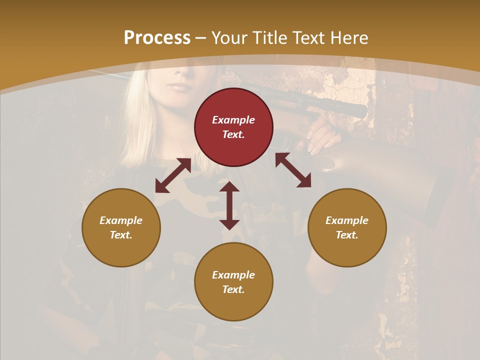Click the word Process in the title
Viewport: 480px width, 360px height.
157,38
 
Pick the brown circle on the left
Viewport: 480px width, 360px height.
121,227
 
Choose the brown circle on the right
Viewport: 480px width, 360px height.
347,227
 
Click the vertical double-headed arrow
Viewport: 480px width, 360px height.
229,205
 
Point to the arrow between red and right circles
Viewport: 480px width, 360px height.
293,170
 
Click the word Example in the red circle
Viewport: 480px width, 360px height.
233,120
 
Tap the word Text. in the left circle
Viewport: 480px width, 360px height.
121,235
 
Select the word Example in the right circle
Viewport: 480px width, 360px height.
347,220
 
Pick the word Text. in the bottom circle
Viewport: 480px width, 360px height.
233,289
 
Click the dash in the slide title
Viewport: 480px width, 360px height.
201,38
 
